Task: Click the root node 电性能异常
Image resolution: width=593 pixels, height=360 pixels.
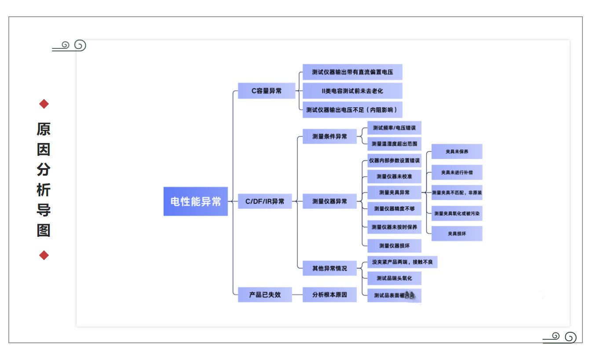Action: (x=196, y=202)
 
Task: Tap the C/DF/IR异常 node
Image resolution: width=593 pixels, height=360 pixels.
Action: (x=265, y=202)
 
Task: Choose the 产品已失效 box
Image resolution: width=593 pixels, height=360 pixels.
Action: (x=265, y=294)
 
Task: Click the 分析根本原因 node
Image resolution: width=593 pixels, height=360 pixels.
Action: (x=329, y=294)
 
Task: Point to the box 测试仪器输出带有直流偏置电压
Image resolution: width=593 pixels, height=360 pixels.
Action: (x=352, y=72)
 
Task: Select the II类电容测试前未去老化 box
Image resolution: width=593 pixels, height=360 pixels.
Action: (x=352, y=91)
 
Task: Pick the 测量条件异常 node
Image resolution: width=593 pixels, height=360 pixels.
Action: (x=329, y=136)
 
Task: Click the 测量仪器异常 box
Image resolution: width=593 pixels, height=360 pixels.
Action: (x=329, y=202)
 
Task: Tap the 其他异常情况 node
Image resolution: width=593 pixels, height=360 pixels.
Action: (x=329, y=268)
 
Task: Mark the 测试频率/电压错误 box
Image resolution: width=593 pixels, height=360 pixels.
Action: (x=394, y=128)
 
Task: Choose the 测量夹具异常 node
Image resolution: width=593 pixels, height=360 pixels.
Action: (x=394, y=192)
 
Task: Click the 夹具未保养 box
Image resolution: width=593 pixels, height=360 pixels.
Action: (x=457, y=151)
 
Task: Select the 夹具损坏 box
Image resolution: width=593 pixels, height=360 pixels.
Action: (x=457, y=234)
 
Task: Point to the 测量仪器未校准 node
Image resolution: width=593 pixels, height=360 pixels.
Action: (x=394, y=176)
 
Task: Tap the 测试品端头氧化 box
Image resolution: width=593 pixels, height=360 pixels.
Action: (x=394, y=278)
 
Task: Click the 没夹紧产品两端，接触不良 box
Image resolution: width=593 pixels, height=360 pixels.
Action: (x=403, y=262)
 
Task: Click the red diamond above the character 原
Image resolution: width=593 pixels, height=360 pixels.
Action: (x=44, y=104)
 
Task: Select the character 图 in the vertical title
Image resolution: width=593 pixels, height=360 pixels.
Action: (x=44, y=230)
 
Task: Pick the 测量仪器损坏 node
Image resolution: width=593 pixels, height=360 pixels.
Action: (x=394, y=245)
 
